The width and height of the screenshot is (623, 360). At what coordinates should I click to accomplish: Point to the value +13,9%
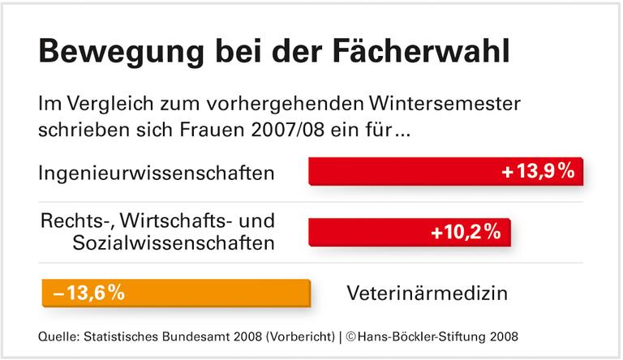pyautogui.click(x=538, y=171)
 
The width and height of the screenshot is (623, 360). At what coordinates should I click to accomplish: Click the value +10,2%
pyautogui.click(x=465, y=232)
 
